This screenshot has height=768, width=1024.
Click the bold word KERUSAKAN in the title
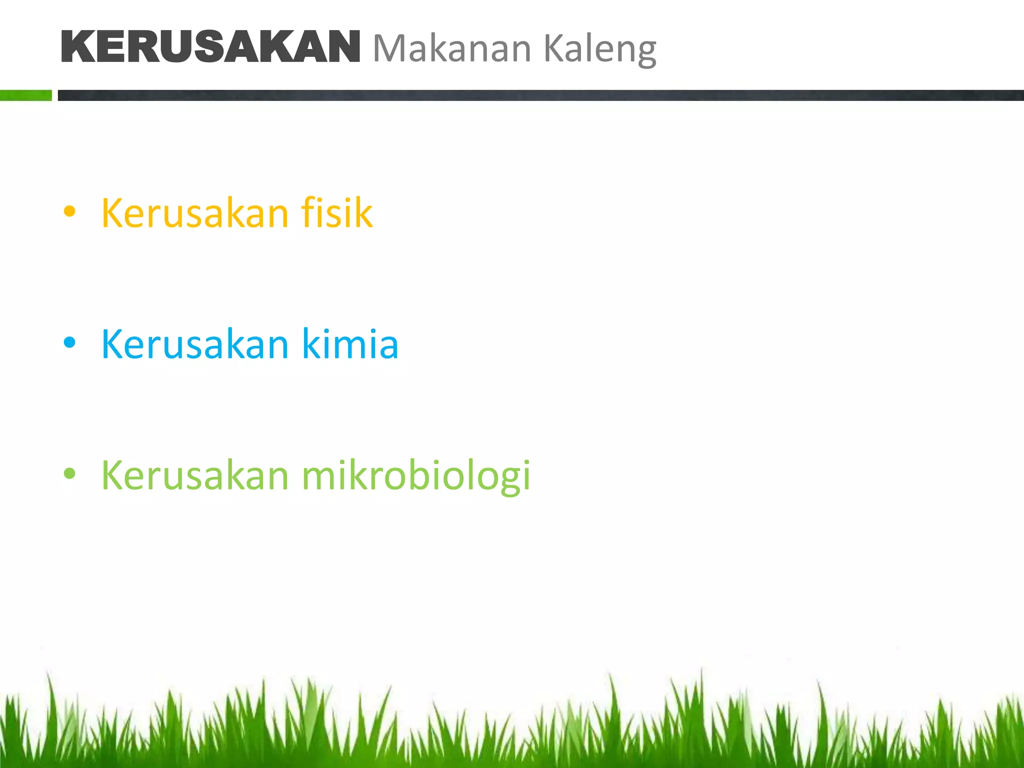point(210,47)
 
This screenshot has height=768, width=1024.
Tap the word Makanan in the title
point(452,48)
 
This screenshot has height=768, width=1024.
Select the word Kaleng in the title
point(599,49)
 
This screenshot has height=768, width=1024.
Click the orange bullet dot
point(69,211)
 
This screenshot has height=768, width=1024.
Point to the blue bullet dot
point(69,343)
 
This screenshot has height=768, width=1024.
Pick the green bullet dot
point(69,473)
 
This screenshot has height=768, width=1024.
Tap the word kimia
point(350,344)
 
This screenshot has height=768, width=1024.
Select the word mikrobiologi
point(415,475)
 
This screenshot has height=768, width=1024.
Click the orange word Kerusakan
point(195,213)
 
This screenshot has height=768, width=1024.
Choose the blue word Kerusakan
point(195,344)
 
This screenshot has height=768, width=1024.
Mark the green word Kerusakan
point(195,475)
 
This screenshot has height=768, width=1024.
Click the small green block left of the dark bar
point(26,95)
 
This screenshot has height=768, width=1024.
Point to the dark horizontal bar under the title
point(540,95)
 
